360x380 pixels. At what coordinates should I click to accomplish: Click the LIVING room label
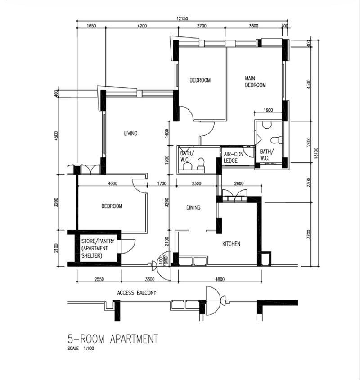coord(130,133)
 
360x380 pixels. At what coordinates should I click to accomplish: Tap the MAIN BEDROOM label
coord(255,82)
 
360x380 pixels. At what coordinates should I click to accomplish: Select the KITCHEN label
coord(231,244)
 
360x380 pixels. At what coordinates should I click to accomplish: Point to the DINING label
coord(193,207)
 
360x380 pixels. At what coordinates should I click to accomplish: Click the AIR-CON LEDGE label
coord(234,157)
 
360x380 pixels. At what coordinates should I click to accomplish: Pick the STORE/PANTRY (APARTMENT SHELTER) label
coord(98,248)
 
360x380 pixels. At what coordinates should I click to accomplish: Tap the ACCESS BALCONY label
coord(137,293)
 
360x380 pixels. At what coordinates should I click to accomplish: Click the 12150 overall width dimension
coord(182,18)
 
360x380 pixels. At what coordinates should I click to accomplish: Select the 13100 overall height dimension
coord(315,153)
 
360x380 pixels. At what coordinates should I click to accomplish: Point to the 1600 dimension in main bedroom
coord(268,110)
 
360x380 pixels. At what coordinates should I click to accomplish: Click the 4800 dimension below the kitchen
coord(220,279)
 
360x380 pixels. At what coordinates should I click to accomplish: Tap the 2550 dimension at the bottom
coord(99,279)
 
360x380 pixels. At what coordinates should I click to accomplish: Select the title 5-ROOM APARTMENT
coord(113,339)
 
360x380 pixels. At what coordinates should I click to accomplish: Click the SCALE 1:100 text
coord(81,349)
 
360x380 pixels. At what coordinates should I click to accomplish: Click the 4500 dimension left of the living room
coord(56,136)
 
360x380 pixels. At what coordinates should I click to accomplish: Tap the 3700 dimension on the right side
coord(308,234)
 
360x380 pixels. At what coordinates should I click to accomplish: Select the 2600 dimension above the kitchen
coord(238,183)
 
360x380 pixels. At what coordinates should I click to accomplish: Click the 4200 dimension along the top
coord(142,26)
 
